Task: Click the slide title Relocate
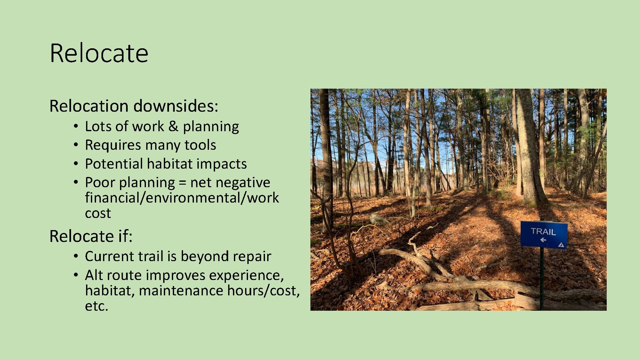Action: point(99,53)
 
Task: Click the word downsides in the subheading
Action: point(175,106)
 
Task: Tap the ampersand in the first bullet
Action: point(173,126)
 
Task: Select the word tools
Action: point(200,145)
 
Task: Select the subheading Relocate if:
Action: point(91,236)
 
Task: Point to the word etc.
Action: point(96,306)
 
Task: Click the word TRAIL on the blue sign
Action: point(543,231)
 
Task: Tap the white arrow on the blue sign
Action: point(543,240)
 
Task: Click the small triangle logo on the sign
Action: point(560,245)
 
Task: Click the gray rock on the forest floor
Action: point(379,219)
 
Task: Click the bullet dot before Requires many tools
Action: point(76,145)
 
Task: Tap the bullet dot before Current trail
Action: point(76,257)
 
